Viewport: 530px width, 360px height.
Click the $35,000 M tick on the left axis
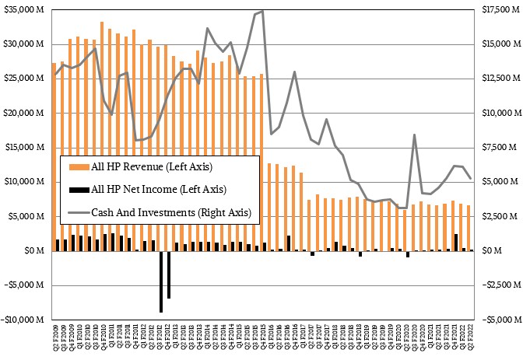[24, 9]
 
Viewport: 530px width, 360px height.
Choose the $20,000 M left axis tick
[24, 113]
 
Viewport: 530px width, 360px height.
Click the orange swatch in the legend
[77, 166]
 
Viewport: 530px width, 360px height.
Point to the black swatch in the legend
[77, 188]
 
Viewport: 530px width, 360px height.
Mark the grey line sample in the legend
[77, 211]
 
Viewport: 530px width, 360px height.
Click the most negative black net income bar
[161, 281]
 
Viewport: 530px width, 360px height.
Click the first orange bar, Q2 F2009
[54, 156]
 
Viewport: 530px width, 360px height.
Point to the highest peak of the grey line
[262, 11]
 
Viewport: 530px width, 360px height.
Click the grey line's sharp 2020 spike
[415, 135]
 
